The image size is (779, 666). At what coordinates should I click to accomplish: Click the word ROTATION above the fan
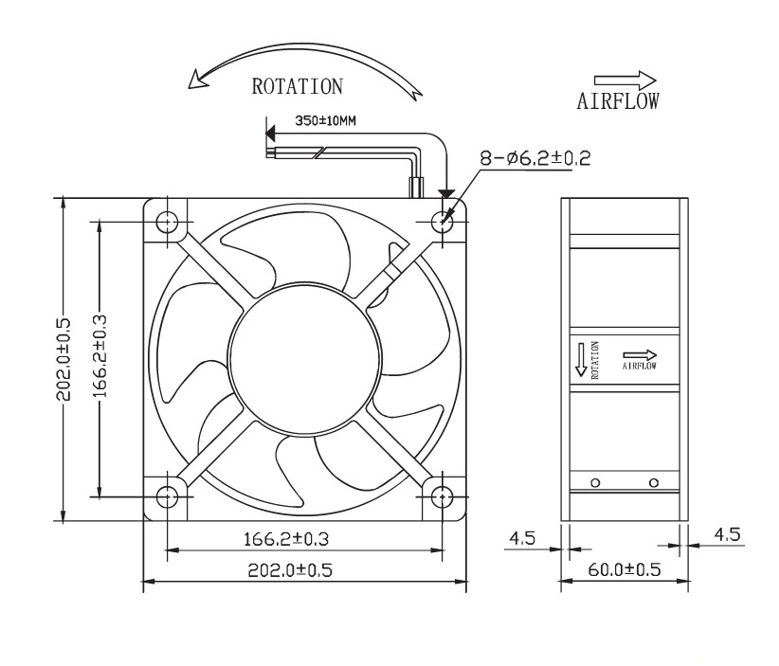pos(297,87)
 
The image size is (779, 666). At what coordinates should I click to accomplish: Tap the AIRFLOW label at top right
pos(618,100)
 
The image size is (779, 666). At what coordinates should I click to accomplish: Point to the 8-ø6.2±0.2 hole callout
pos(535,158)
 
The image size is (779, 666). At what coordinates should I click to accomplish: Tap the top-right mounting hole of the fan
pos(443,223)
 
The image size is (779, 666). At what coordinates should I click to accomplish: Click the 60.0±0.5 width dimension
pos(621,570)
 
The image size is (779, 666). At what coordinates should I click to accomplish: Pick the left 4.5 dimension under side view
pos(522,538)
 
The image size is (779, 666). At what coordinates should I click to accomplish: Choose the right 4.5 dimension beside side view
pos(727,534)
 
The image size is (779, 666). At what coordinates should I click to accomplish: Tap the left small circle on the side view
pos(595,483)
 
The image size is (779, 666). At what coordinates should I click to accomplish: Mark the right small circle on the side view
pos(653,483)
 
